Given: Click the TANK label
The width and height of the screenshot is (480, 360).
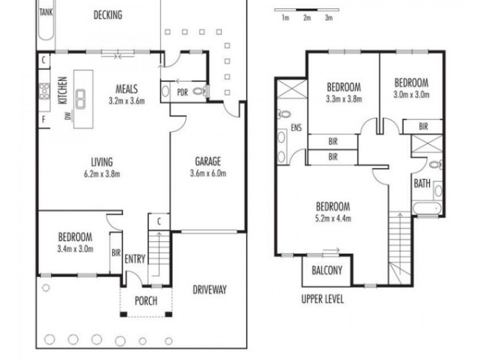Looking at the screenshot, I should (45, 11).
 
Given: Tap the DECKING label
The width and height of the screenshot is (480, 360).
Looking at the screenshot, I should (107, 15).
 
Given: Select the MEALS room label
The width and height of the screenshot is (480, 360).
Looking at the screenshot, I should (127, 89).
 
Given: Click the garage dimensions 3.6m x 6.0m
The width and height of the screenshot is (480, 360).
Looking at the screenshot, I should (208, 174).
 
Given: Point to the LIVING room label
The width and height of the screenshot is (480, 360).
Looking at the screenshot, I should (102, 161).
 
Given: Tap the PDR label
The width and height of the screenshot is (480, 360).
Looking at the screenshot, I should (182, 92).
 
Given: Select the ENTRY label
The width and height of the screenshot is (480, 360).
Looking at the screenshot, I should (135, 259).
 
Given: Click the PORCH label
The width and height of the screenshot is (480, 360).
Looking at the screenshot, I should (145, 301).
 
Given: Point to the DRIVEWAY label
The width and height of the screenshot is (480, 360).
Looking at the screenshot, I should (209, 290).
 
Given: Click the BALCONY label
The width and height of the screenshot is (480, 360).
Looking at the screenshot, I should (327, 270).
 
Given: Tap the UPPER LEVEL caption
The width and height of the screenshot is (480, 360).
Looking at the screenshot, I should (322, 299).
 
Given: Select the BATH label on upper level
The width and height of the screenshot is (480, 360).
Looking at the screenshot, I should (422, 184).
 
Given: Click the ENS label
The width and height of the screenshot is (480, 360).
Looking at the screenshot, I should (296, 128).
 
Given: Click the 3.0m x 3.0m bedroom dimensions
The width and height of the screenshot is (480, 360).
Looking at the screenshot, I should (410, 94).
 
